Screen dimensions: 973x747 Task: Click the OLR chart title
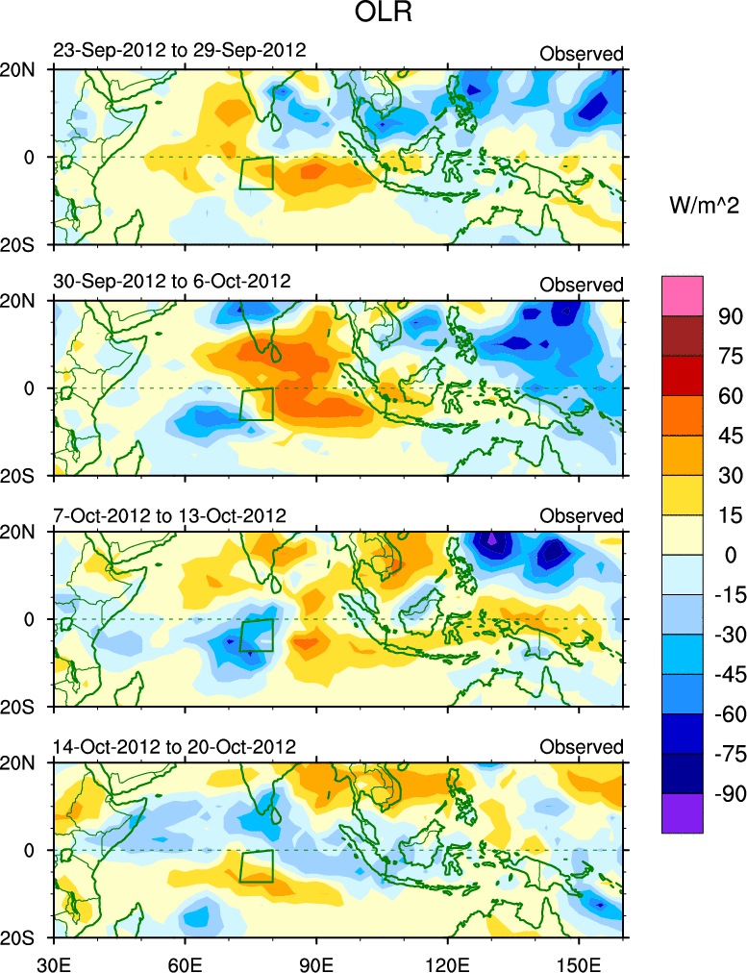(x=373, y=16)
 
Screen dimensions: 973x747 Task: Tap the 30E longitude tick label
(x=51, y=961)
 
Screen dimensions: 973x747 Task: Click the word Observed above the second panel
(x=581, y=285)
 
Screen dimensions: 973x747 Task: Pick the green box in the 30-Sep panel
(x=257, y=404)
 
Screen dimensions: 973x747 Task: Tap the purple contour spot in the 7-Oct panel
(x=492, y=539)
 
